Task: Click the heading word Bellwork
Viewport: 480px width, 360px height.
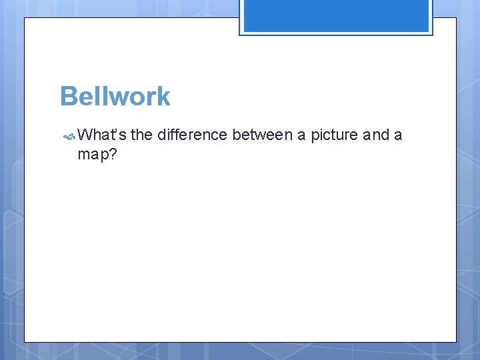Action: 115,97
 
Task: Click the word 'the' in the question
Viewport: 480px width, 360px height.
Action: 141,135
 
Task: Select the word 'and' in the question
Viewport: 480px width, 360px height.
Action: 376,135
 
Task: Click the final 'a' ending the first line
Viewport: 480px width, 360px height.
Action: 398,136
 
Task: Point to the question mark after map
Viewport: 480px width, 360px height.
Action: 113,153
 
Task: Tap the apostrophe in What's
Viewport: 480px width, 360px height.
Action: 118,131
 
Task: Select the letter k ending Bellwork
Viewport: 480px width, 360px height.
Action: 163,97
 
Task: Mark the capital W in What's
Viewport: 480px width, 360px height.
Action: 85,135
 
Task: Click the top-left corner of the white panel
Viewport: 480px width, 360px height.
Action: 25,18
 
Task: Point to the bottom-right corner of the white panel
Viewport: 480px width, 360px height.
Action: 456,342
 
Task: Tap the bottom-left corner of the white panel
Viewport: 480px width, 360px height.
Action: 25,342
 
